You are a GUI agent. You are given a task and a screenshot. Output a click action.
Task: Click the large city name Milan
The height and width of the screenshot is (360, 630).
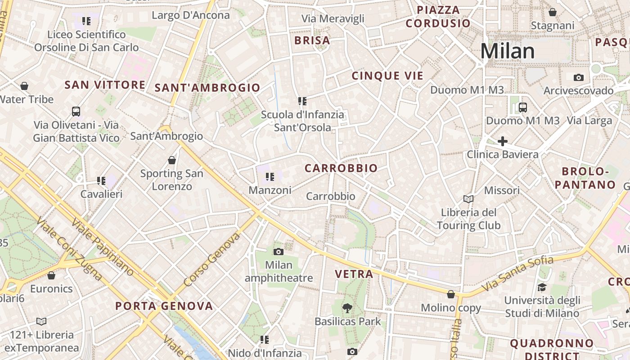click(508, 51)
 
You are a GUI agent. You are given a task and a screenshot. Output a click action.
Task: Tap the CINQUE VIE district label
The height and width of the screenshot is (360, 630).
click(387, 76)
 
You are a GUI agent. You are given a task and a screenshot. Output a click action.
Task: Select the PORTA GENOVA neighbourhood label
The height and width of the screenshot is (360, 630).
click(164, 306)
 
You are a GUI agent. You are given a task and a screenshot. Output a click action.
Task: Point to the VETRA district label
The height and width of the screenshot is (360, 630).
click(354, 274)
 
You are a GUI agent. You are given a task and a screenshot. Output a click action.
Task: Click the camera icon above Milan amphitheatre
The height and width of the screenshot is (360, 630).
click(279, 252)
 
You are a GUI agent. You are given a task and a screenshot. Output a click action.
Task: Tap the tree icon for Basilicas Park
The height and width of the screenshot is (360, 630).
click(347, 308)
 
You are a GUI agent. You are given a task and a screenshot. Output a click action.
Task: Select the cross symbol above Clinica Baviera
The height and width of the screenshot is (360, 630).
click(503, 141)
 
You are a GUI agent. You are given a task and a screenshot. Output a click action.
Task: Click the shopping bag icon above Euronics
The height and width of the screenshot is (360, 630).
click(51, 275)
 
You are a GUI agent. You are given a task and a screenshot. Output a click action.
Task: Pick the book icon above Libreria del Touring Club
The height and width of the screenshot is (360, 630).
click(468, 199)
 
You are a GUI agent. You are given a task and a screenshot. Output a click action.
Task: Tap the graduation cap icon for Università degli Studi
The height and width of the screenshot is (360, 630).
click(542, 287)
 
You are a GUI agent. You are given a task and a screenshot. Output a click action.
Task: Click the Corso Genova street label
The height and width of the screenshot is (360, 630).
click(210, 260)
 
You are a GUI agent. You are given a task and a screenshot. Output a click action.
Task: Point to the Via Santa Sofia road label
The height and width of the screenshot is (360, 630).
click(517, 274)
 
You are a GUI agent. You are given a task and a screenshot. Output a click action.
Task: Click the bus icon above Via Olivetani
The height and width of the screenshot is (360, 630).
click(76, 111)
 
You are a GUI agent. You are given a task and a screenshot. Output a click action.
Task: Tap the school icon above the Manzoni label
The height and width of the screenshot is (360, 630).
click(270, 177)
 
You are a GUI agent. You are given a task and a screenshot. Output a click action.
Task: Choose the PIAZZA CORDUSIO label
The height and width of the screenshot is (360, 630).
click(437, 17)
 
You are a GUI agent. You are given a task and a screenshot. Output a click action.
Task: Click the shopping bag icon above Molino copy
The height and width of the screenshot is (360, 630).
click(450, 294)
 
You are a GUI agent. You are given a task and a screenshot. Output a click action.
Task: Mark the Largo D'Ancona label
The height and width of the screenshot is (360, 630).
click(191, 15)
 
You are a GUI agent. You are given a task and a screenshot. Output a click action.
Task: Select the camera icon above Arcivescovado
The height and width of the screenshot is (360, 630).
click(579, 77)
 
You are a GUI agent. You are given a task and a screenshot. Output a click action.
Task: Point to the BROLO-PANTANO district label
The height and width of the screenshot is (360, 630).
click(585, 178)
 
